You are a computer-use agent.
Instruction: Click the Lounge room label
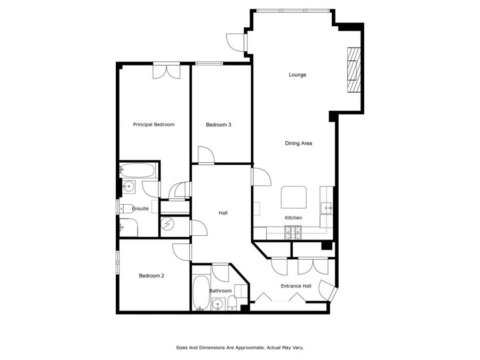[297, 75]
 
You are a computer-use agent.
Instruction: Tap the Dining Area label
[299, 143]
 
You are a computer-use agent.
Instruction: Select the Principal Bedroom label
[154, 125]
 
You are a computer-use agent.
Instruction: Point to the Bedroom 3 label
[218, 125]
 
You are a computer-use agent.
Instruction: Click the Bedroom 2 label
[151, 276]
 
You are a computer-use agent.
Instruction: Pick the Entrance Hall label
[296, 286]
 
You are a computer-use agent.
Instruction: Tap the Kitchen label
[293, 218]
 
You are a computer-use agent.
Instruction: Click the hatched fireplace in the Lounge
[354, 70]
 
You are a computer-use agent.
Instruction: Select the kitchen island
[294, 197]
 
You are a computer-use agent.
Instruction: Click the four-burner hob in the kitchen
[293, 233]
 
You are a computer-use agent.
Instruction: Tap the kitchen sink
[326, 208]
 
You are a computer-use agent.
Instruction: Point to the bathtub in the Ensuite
[137, 171]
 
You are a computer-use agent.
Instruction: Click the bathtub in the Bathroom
[201, 293]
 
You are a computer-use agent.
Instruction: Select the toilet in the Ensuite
[126, 208]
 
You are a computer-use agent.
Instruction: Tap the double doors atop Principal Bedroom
[167, 72]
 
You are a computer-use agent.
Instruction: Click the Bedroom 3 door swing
[206, 155]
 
